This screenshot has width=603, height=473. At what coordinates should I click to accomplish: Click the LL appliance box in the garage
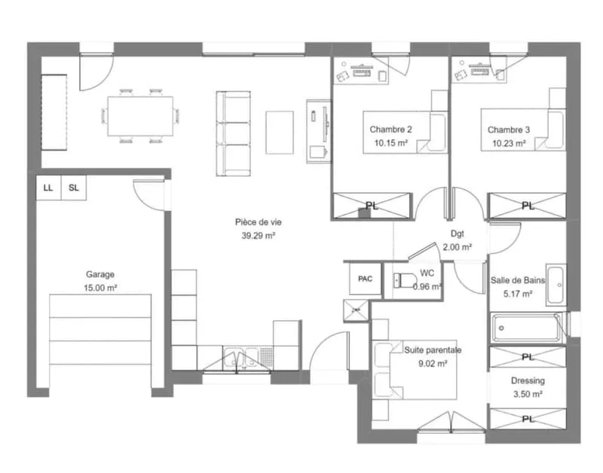click(x=49, y=188)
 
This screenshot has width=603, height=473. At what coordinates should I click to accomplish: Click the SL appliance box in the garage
click(x=74, y=188)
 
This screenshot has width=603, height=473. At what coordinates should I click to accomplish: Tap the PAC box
click(x=365, y=279)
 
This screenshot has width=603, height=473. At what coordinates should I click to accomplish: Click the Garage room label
click(x=100, y=274)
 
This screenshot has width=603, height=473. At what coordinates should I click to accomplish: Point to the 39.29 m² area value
click(x=258, y=236)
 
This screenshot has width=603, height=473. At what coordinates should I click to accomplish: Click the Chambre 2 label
click(x=390, y=130)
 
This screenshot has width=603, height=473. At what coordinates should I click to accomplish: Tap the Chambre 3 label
click(x=509, y=130)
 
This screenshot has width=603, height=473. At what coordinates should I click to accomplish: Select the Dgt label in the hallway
click(x=458, y=233)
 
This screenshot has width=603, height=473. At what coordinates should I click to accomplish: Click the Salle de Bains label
click(x=518, y=280)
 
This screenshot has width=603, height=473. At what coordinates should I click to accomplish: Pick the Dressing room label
click(x=528, y=380)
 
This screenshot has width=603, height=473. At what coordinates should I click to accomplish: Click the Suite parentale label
click(x=433, y=350)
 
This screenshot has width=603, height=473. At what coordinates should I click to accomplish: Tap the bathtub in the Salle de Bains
click(x=526, y=328)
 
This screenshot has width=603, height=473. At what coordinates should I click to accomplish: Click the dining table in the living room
click(x=140, y=116)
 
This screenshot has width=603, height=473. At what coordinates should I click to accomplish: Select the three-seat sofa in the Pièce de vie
click(x=234, y=134)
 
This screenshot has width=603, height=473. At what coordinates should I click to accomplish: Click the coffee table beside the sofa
click(x=280, y=133)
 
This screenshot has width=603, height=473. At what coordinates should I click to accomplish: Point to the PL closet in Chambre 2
click(x=372, y=206)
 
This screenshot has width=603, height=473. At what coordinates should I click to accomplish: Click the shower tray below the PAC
click(x=356, y=310)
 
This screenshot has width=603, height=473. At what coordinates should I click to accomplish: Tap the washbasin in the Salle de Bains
click(x=556, y=285)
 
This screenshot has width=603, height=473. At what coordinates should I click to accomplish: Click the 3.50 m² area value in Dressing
click(x=528, y=394)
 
